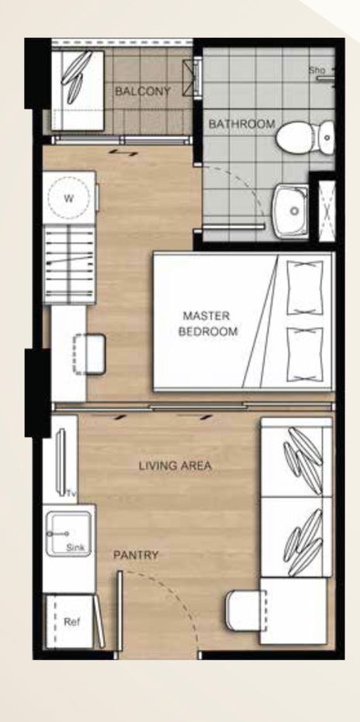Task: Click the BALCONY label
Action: pyautogui.click(x=142, y=91)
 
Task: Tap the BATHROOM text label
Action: pyautogui.click(x=241, y=124)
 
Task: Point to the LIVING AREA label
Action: pyautogui.click(x=175, y=466)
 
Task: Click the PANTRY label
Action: pyautogui.click(x=136, y=555)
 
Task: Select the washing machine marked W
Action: pyautogui.click(x=68, y=198)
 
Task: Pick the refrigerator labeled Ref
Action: pyautogui.click(x=71, y=621)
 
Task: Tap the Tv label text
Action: pyautogui.click(x=71, y=493)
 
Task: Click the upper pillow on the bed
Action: pyautogui.click(x=304, y=284)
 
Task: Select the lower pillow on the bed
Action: pyautogui.click(x=304, y=352)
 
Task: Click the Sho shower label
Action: pyautogui.click(x=316, y=70)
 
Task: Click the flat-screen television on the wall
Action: pyautogui.click(x=62, y=461)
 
